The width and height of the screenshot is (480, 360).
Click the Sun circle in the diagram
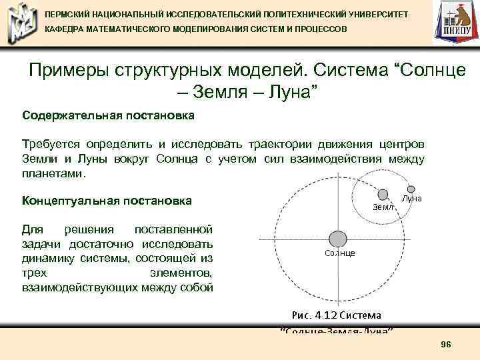coord(338,239)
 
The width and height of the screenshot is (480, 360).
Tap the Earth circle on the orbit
coord(383,195)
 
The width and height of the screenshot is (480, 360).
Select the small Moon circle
coord(411,189)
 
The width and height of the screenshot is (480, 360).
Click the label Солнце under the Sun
coord(339,253)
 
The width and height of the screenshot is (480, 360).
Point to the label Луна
coord(411,199)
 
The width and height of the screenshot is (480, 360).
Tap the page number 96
coord(446,343)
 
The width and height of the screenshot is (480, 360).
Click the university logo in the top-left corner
coord(21,23)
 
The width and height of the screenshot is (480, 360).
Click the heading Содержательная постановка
coord(108,116)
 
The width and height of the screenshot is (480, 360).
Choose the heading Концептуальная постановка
coord(107,201)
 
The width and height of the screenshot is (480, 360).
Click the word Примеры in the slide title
coord(70,71)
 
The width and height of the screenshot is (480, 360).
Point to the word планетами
coord(53,173)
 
